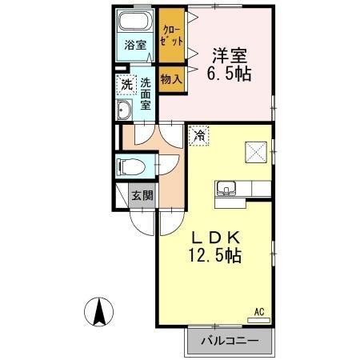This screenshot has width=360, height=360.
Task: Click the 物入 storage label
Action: pos(170,78)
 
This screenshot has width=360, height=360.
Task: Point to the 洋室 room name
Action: pos(229,56)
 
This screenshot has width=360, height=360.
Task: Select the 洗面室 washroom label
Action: pos(146,92)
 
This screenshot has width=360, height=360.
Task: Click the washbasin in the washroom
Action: pos(126,110)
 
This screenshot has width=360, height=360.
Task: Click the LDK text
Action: pos(214,237)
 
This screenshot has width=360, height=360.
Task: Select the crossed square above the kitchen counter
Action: pos(257,150)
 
